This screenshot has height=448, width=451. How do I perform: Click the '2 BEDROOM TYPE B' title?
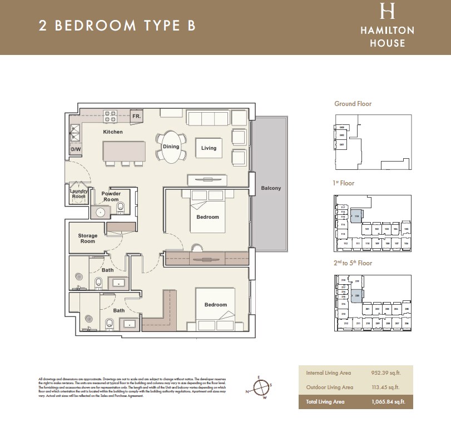click(x=117, y=26)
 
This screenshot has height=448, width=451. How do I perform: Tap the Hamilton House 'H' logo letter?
click(x=388, y=11)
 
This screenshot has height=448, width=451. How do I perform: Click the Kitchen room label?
click(x=113, y=132)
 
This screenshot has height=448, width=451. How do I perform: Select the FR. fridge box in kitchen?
click(x=136, y=116)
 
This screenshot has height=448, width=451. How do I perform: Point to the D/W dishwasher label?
click(x=76, y=150)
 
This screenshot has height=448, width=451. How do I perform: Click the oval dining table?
click(x=171, y=147)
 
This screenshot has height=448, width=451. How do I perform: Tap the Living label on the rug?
click(x=209, y=148)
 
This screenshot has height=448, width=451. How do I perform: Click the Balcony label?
click(x=271, y=188)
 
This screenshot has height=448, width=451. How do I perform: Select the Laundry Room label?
click(x=78, y=194)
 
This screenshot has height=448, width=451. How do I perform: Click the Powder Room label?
click(x=111, y=197)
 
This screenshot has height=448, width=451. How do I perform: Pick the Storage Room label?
click(x=87, y=238)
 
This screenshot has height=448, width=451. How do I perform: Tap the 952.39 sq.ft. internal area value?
click(x=386, y=374)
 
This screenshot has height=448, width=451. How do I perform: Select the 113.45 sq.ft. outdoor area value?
click(x=386, y=387)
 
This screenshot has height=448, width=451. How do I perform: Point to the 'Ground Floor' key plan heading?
click(x=353, y=104)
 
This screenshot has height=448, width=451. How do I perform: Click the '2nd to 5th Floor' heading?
click(x=353, y=263)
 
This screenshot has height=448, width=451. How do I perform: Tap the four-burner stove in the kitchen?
click(x=110, y=117)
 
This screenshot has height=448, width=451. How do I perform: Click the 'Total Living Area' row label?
click(x=324, y=401)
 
